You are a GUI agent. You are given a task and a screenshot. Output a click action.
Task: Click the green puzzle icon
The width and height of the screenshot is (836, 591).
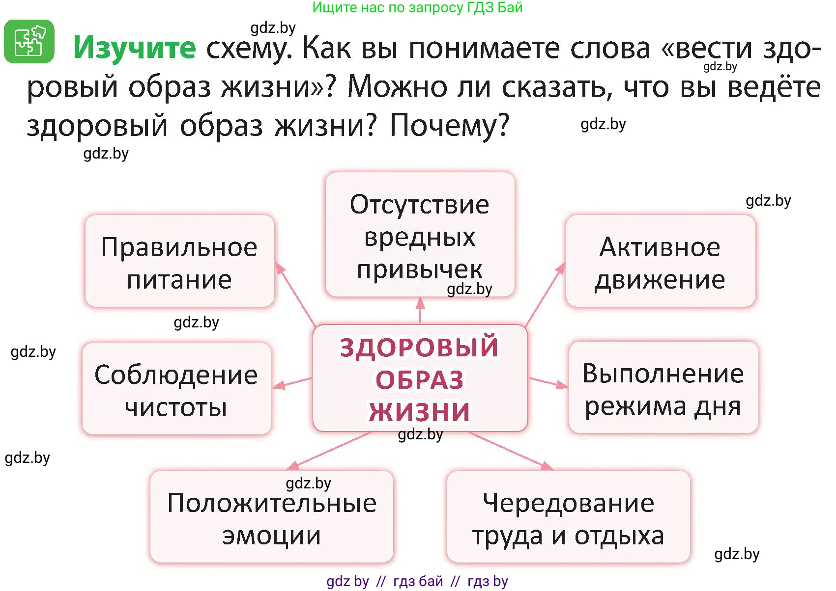[29, 42]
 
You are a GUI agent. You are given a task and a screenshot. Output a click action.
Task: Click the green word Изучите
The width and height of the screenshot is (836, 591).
[134, 48]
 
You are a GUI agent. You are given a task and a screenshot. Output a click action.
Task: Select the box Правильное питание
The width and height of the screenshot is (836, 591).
[179, 262]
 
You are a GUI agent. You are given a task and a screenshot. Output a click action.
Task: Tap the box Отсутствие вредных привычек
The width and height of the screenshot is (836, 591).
[420, 235]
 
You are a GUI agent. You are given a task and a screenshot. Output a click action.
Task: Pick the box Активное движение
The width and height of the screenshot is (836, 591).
[660, 262]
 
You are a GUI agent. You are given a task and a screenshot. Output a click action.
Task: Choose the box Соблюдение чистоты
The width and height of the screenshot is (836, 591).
[176, 389]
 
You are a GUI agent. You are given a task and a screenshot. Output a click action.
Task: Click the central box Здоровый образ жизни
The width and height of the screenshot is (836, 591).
[420, 378]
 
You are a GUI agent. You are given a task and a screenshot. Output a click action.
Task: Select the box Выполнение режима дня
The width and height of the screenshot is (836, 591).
[663, 388]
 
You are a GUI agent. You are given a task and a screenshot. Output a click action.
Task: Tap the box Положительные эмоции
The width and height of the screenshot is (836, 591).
[271, 517]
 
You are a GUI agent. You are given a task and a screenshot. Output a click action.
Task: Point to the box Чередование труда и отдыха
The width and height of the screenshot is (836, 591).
[568, 517]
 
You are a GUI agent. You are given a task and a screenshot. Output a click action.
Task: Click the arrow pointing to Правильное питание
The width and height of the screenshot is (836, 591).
[296, 295]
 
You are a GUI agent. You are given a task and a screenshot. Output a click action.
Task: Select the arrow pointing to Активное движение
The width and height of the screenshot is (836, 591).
[545, 295]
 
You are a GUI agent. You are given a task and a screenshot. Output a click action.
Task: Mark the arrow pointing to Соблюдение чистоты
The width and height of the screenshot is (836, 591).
[292, 382]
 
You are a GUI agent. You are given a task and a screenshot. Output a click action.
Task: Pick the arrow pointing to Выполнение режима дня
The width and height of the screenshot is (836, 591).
[548, 382]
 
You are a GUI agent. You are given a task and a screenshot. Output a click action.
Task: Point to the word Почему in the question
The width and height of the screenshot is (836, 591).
[449, 126]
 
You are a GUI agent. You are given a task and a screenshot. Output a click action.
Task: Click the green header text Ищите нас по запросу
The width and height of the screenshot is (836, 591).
[417, 7]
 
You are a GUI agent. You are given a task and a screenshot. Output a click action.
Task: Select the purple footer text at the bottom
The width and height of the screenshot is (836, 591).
[417, 582]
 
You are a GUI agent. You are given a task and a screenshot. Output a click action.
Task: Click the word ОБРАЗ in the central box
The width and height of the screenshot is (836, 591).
[420, 380]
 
